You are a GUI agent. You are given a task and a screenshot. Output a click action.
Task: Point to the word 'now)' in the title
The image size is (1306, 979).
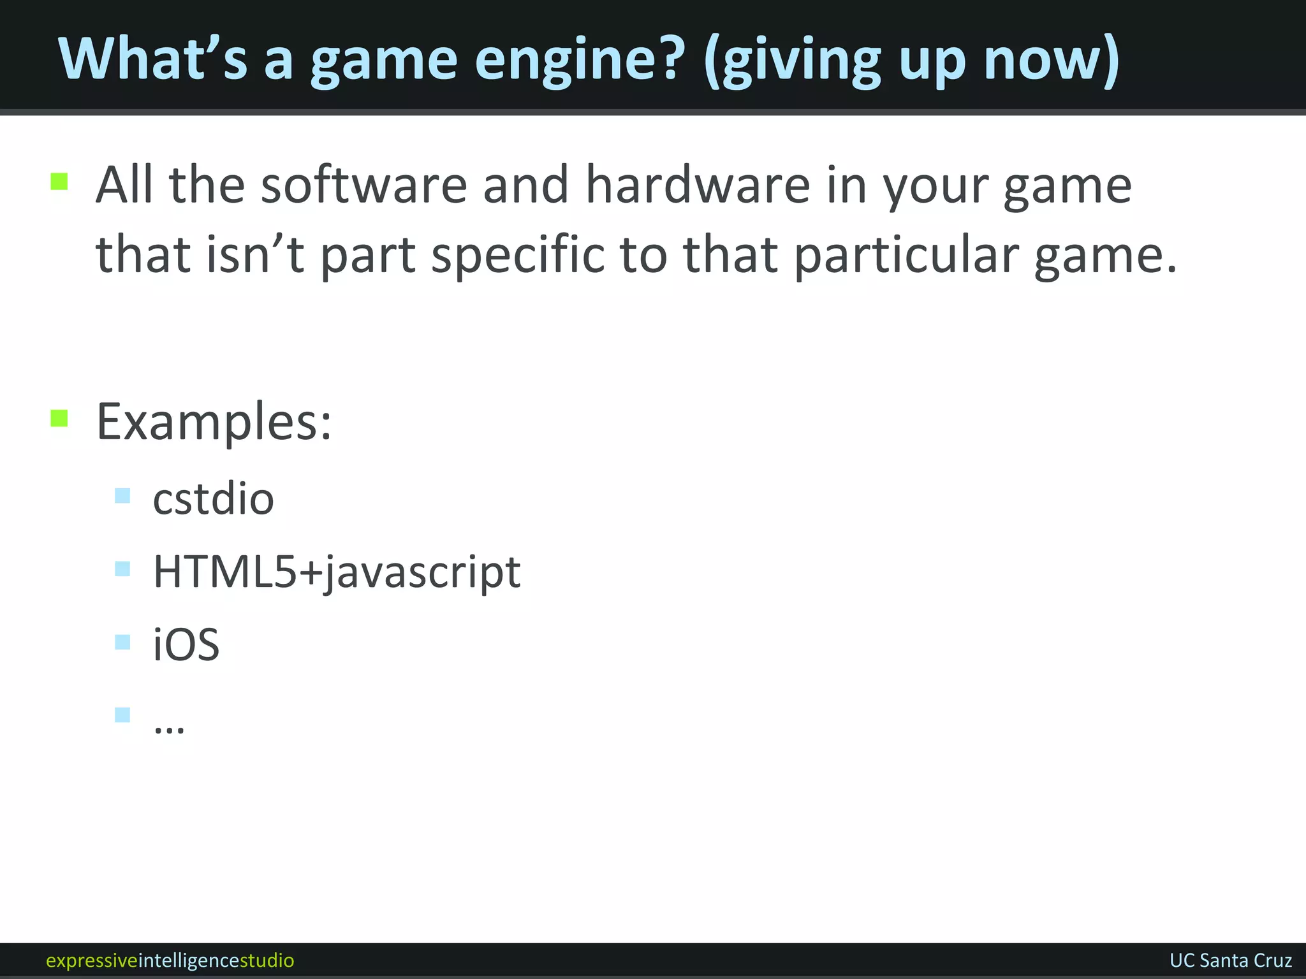(1052, 59)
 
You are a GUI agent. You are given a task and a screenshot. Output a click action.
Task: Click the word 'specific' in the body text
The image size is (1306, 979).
(517, 254)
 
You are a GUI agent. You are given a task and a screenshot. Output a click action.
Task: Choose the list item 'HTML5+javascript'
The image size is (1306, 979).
(337, 572)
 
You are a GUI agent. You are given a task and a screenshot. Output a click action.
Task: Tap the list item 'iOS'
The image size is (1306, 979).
(186, 644)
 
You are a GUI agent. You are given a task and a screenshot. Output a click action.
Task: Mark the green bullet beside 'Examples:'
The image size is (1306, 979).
(59, 418)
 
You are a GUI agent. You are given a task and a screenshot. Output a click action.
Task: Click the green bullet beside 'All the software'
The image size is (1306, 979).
(59, 182)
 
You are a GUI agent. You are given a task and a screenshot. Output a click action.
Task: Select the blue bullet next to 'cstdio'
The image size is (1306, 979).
(122, 495)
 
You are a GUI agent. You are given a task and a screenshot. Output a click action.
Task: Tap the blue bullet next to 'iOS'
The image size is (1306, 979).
(122, 641)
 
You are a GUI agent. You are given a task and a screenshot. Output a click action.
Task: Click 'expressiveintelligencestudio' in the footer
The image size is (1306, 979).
(170, 960)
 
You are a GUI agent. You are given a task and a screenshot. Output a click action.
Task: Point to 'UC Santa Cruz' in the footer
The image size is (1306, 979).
(1230, 960)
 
